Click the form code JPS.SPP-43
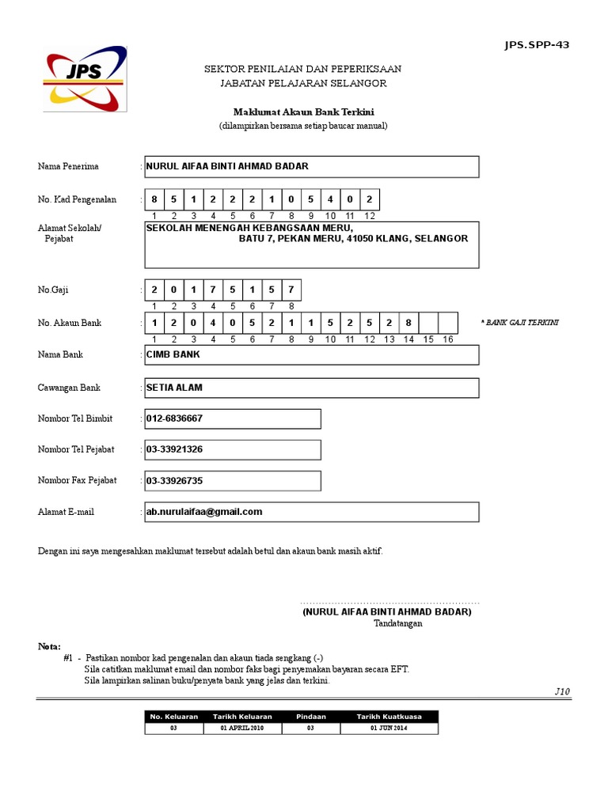pos(537,44)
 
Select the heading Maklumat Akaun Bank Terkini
pos(303,112)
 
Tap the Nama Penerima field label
pos(68,167)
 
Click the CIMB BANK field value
pos(173,354)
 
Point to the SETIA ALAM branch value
pos(174,388)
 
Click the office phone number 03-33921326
pos(174,449)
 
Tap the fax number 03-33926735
pos(174,480)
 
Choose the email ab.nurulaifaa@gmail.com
pos(204,512)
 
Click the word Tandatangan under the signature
pos(398,623)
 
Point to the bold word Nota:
pos(49,646)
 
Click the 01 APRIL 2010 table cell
pos(242,729)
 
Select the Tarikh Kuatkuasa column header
pos(389,717)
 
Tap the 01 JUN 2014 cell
pos(389,729)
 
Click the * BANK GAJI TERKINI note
pos(519,323)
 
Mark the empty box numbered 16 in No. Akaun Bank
pos(448,323)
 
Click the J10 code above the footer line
pos(562,691)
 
